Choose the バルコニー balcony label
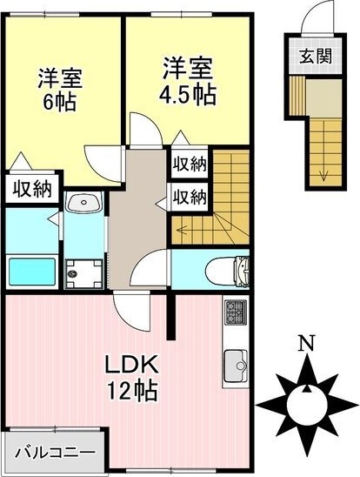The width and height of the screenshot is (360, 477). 54,453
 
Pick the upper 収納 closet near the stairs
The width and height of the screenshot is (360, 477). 189,163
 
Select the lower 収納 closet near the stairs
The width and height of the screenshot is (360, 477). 189,196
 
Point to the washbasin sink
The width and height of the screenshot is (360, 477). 84,203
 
